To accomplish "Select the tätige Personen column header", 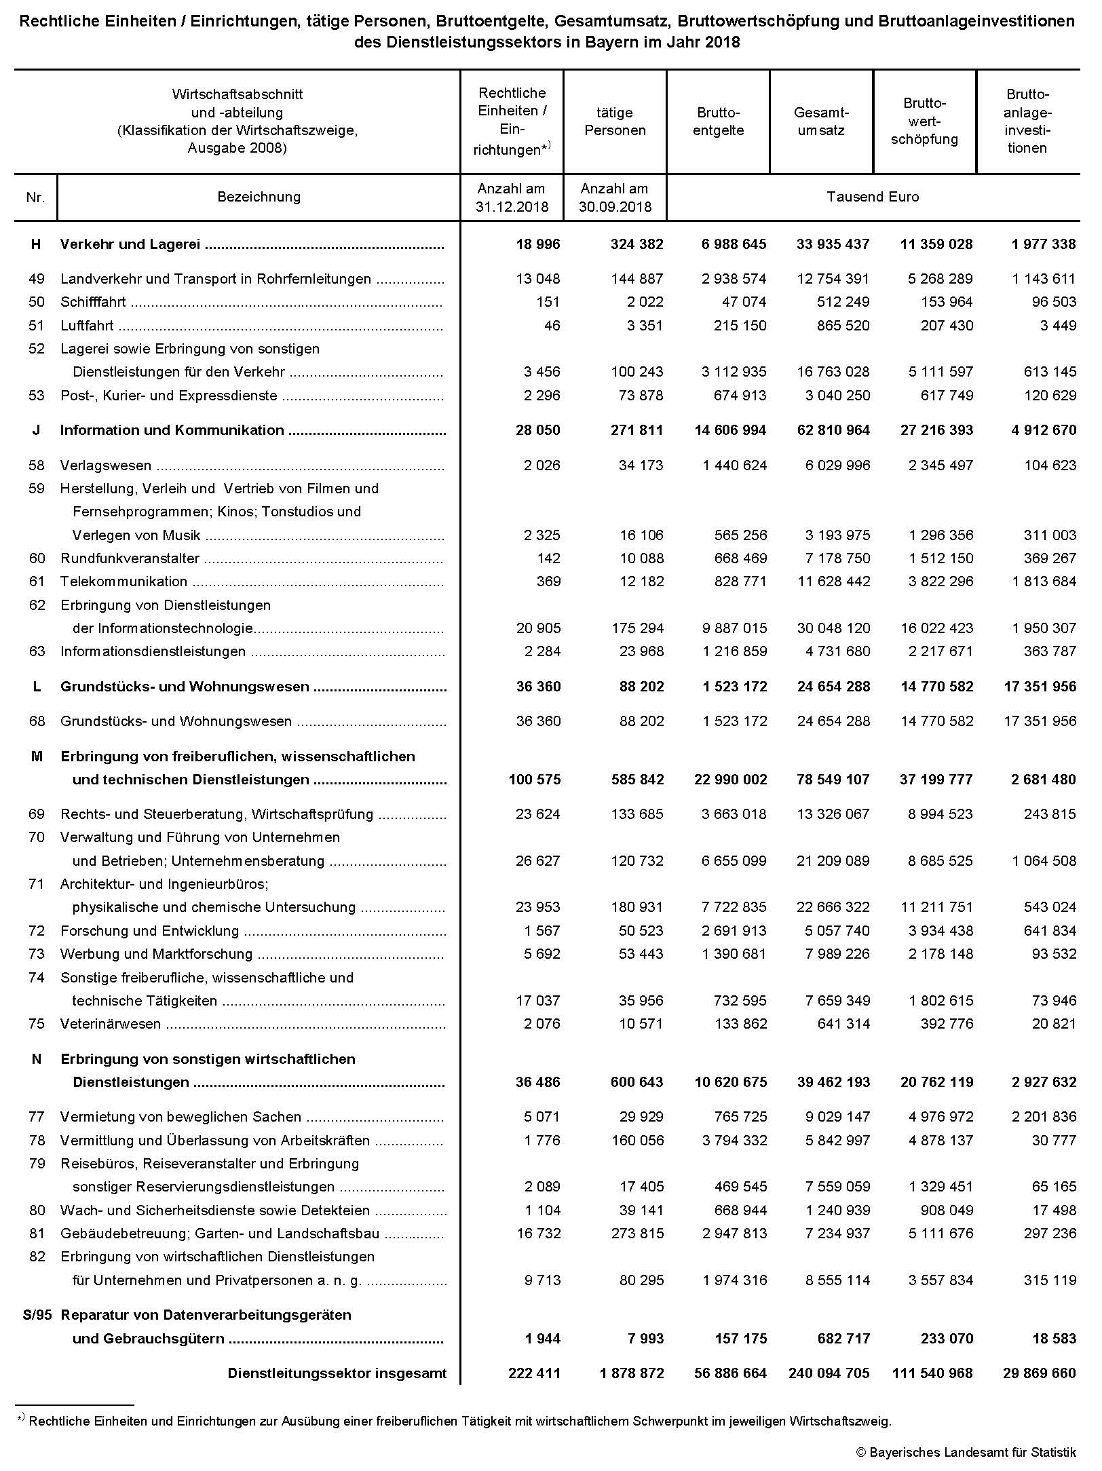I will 615,121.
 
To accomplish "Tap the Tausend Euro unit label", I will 873,197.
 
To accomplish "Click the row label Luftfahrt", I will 87,326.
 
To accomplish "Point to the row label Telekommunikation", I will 123,581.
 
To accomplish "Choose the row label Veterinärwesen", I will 111,1024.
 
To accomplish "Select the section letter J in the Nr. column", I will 36,430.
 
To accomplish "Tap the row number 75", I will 37,1024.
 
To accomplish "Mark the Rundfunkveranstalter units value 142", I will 548,558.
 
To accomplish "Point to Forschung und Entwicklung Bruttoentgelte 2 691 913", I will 734,931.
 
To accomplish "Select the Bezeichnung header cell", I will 259,197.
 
